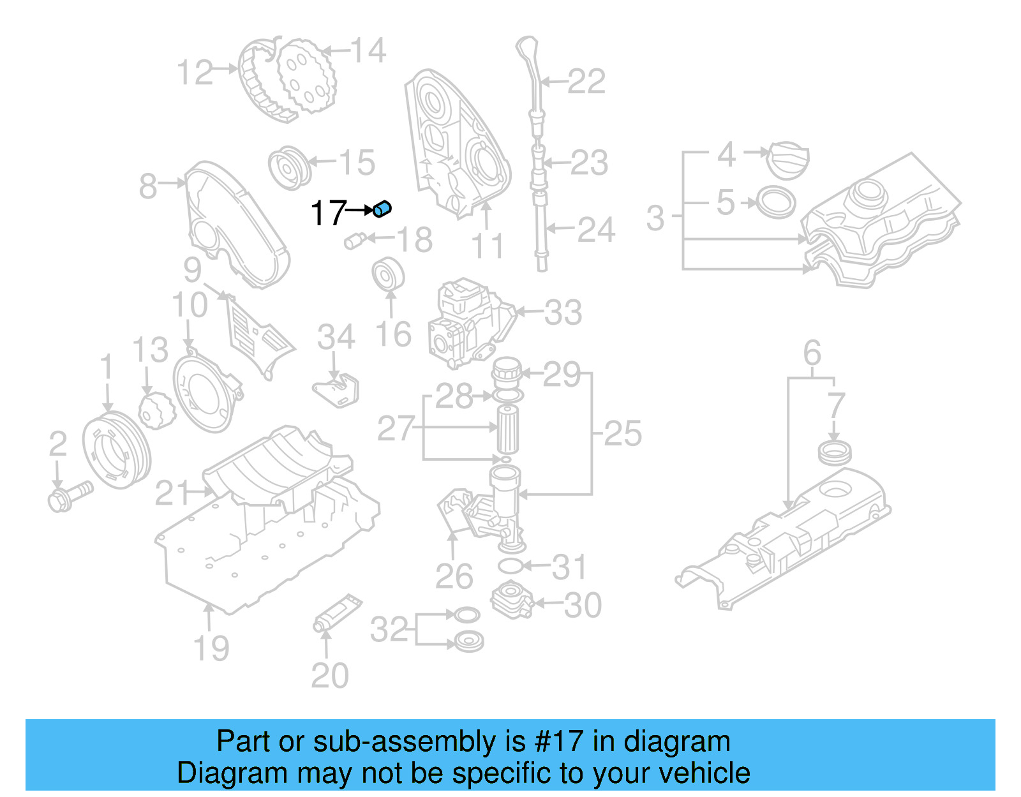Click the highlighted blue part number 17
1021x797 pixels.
pyautogui.click(x=382, y=209)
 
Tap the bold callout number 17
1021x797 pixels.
pyautogui.click(x=328, y=213)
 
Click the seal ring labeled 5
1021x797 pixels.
pyautogui.click(x=776, y=203)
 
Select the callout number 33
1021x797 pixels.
pyautogui.click(x=563, y=313)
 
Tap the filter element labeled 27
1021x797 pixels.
pyautogui.click(x=507, y=429)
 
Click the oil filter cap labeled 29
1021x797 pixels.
pyautogui.click(x=507, y=372)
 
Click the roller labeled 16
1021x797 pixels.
pyautogui.click(x=388, y=274)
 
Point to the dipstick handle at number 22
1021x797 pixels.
pyautogui.click(x=528, y=51)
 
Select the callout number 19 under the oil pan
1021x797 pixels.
pyautogui.click(x=211, y=648)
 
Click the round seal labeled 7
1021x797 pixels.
pyautogui.click(x=835, y=452)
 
